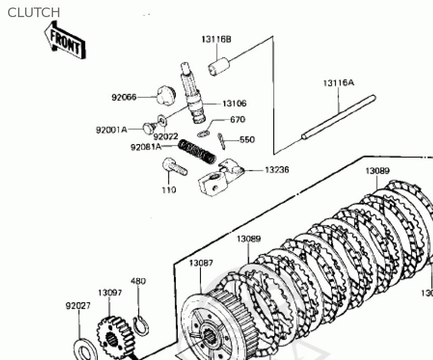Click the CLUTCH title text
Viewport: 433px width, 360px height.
[34, 13]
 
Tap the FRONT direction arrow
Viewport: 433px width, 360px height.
[64, 43]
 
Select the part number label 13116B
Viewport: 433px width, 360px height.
[216, 39]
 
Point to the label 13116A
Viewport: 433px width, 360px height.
[338, 83]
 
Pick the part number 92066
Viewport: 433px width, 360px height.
[124, 97]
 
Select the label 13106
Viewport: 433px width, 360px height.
[234, 103]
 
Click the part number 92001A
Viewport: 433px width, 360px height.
[111, 130]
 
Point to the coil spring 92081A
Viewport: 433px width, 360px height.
[197, 151]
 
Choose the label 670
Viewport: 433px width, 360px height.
[237, 119]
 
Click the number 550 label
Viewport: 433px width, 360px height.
[247, 140]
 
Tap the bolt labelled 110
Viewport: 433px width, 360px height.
[174, 167]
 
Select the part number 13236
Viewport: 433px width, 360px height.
[277, 170]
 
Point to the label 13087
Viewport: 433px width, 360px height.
[201, 263]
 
